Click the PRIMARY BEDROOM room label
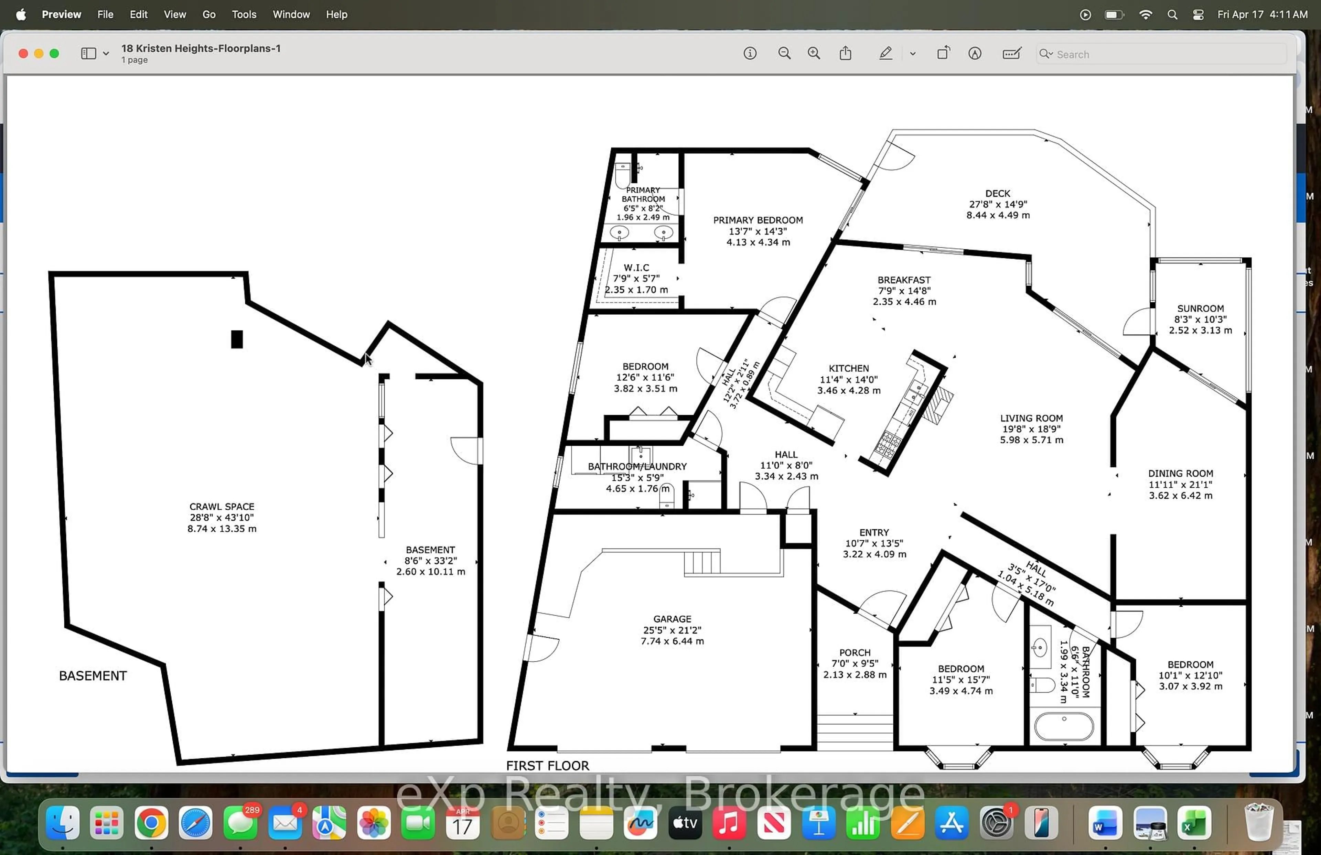tap(758, 220)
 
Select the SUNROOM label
tap(1200, 309)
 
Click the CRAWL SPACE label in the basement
tap(222, 507)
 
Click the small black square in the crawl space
tap(237, 339)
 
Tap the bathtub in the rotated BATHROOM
tap(1063, 727)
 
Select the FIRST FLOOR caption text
tap(547, 766)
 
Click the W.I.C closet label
tap(636, 268)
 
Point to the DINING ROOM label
tap(1180, 473)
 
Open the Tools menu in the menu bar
tap(244, 14)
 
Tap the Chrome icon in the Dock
tap(151, 823)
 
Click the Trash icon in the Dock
tap(1258, 823)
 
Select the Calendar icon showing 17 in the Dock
tap(462, 823)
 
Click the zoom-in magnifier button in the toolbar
tap(814, 53)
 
